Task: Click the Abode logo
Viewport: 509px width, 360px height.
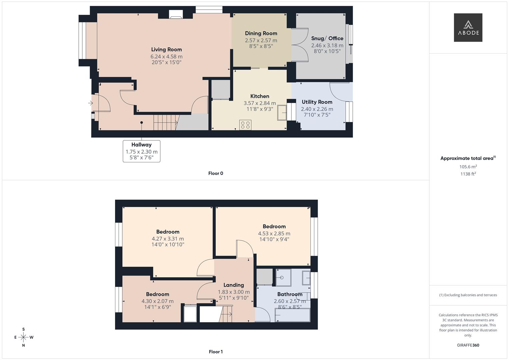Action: click(x=468, y=27)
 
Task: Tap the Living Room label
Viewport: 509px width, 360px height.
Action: click(x=166, y=49)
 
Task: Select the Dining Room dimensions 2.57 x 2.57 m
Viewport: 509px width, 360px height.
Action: click(x=261, y=40)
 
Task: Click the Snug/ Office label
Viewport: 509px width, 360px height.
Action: click(x=327, y=38)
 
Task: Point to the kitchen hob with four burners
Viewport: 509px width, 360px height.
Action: click(x=245, y=125)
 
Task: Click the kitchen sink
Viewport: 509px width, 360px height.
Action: click(x=282, y=113)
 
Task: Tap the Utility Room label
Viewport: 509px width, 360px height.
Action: click(x=317, y=102)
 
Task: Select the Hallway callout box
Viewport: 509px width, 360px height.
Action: click(x=141, y=151)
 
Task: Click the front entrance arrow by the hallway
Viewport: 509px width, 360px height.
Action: click(x=90, y=103)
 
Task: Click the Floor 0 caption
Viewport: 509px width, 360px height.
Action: click(x=215, y=173)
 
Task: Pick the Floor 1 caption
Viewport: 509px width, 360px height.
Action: click(x=215, y=352)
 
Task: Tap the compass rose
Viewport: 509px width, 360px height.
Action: click(x=23, y=337)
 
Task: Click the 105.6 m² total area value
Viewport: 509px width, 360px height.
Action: click(x=468, y=167)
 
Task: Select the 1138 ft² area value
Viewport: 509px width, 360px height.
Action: click(x=468, y=174)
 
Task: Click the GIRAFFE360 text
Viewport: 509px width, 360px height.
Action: click(x=468, y=345)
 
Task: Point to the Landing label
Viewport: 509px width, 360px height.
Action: click(x=233, y=285)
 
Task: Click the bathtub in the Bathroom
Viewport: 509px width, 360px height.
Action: click(x=292, y=315)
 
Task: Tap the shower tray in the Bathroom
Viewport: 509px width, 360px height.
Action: click(x=283, y=277)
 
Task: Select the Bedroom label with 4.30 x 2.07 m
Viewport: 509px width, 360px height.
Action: click(x=157, y=294)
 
